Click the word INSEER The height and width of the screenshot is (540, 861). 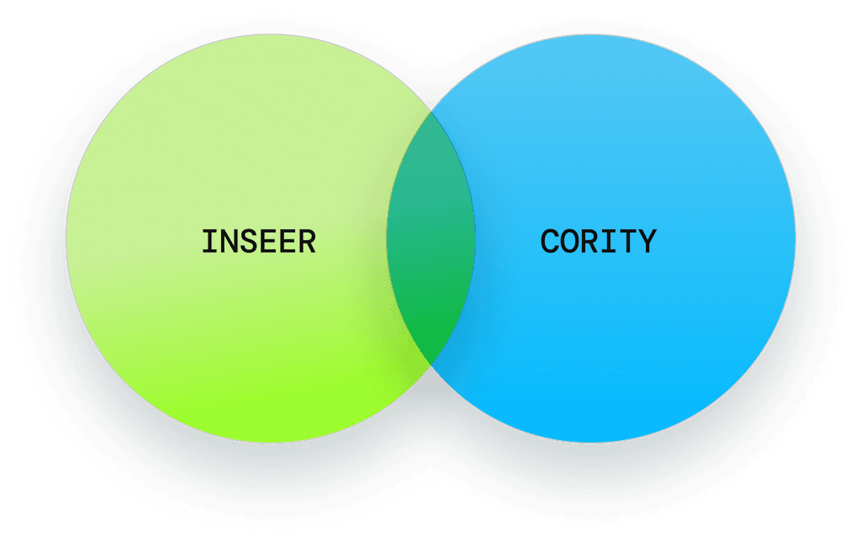click(258, 242)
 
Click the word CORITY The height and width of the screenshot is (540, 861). click(598, 242)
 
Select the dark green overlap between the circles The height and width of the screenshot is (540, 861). click(430, 239)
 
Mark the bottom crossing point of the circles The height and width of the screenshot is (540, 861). click(430, 365)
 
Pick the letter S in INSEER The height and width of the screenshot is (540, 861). click(249, 242)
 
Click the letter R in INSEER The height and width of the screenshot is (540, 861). click(307, 242)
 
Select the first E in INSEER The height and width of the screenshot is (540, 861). click(268, 242)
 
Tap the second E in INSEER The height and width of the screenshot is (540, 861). click(288, 242)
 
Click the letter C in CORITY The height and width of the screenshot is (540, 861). click(550, 242)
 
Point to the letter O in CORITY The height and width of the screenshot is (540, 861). click(569, 242)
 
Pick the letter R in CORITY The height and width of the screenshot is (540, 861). click(589, 242)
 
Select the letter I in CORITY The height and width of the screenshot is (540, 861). click(608, 242)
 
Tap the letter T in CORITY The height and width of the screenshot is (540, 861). click(627, 242)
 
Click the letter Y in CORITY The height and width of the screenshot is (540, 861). click(647, 242)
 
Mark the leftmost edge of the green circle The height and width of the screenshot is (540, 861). click(66, 239)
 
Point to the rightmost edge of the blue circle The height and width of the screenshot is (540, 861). click(795, 239)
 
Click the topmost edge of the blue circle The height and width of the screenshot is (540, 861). click(591, 35)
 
